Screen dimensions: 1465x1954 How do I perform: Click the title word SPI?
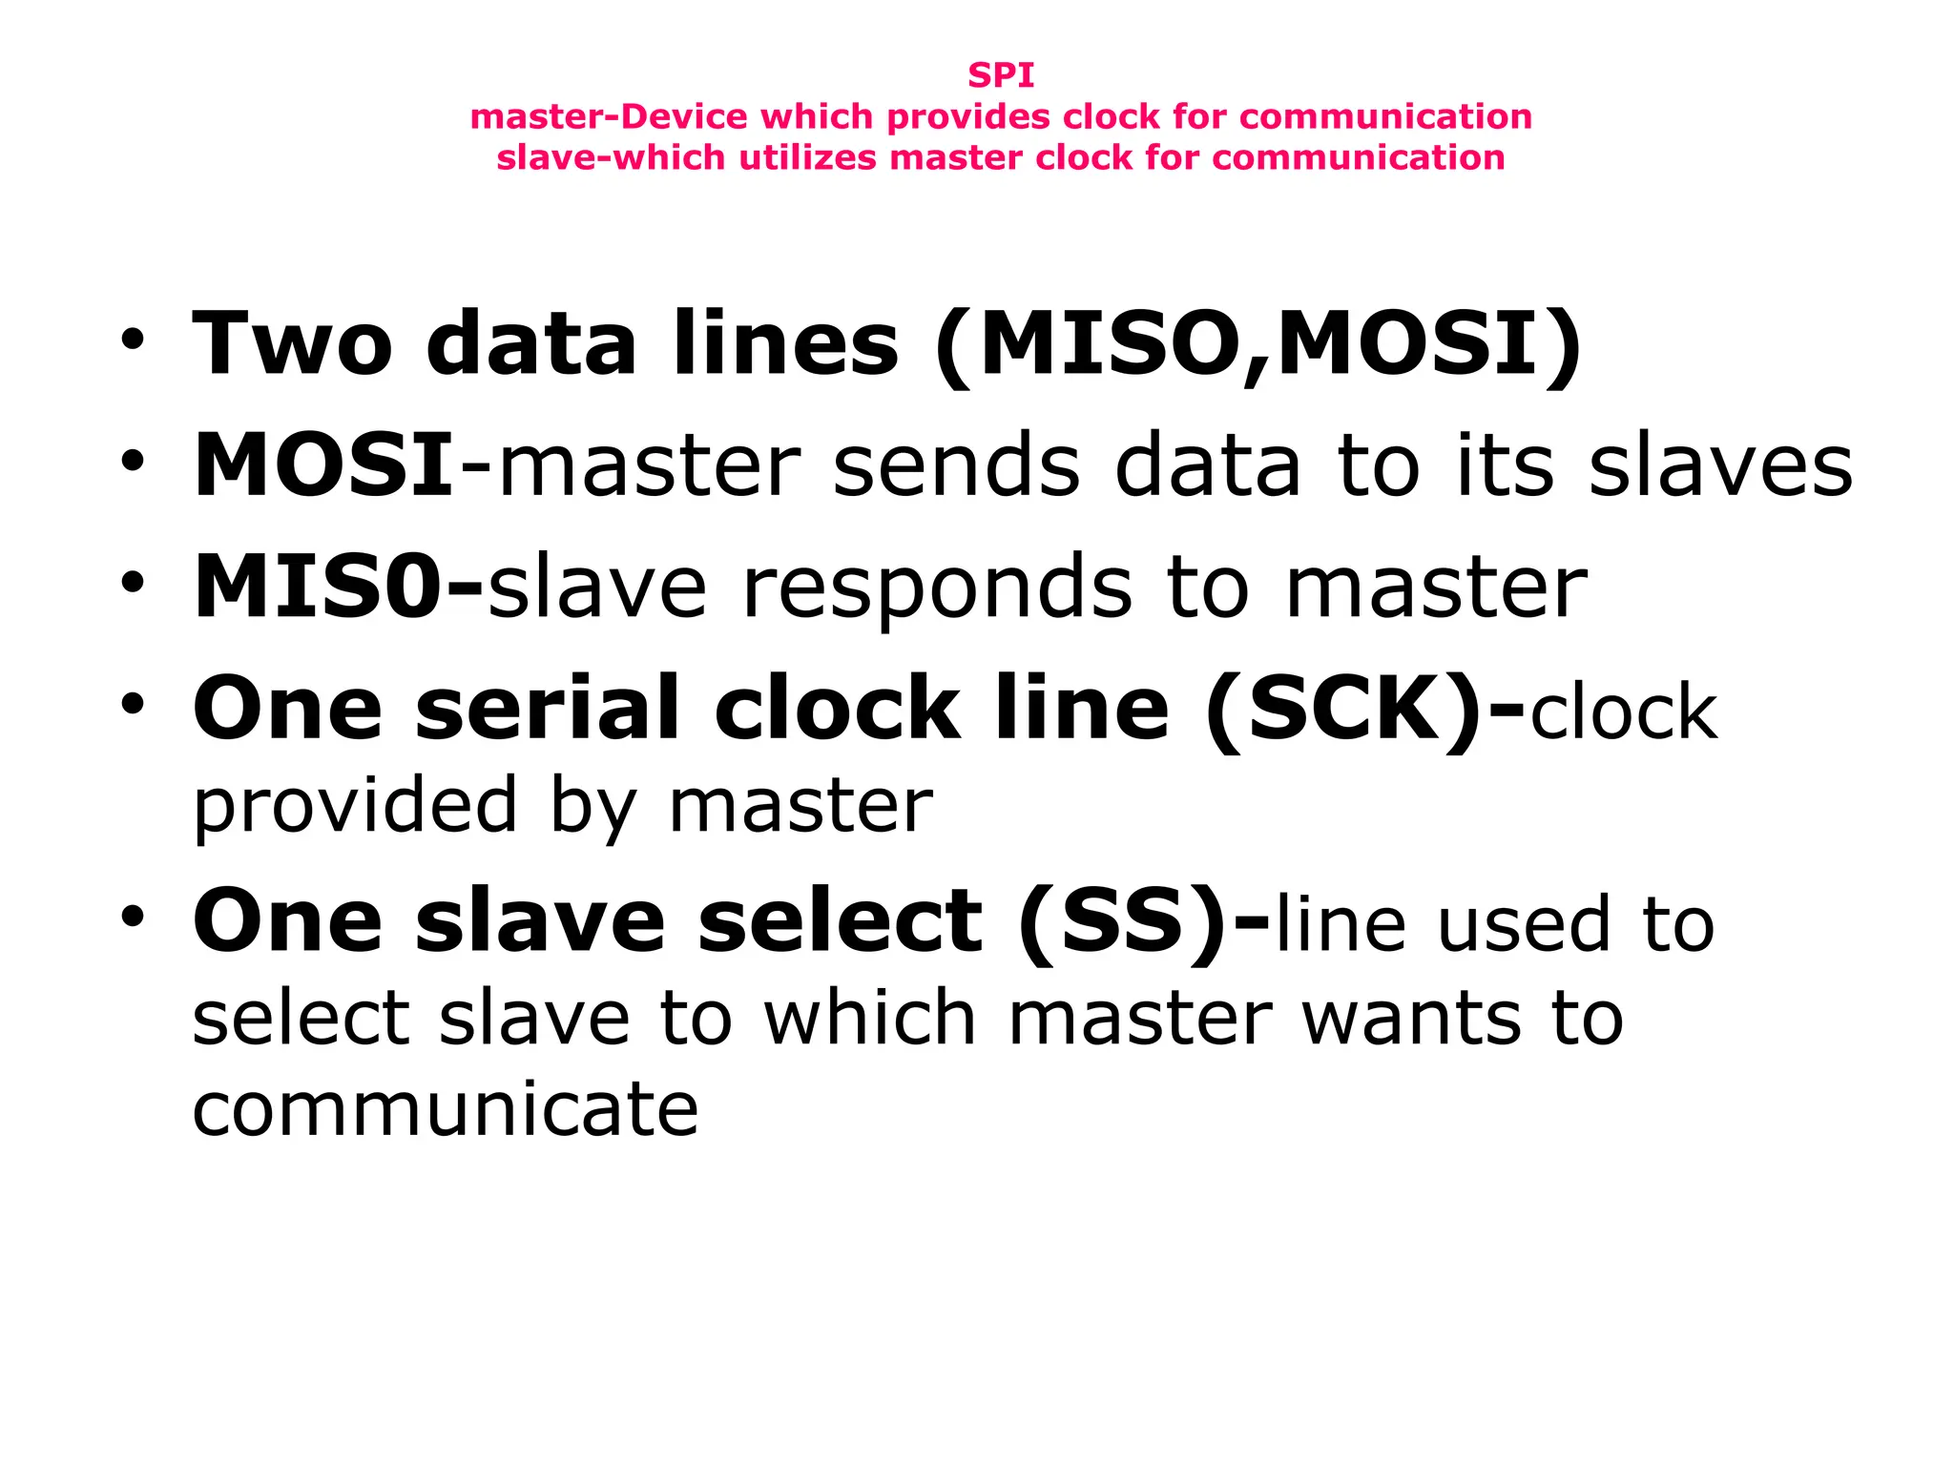[x=1001, y=74]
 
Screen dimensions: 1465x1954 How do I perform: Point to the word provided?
[x=355, y=806]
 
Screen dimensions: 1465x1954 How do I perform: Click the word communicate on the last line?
[x=445, y=1110]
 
